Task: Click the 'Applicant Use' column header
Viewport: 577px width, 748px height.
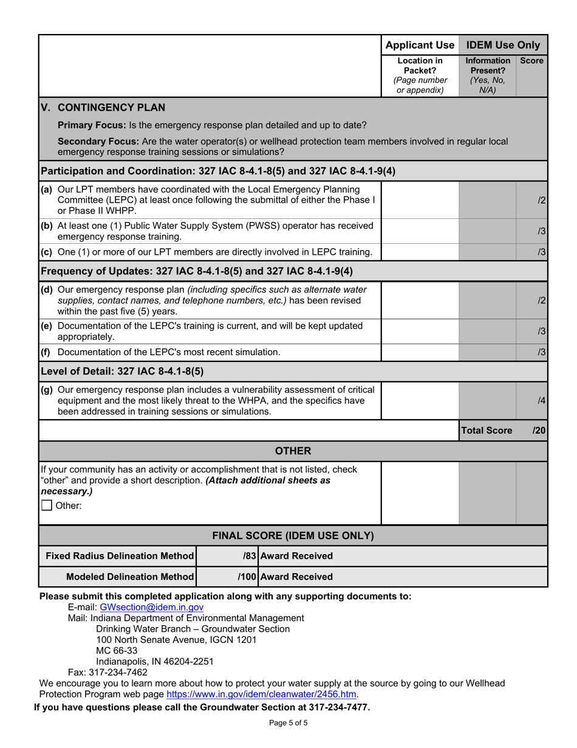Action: (420, 44)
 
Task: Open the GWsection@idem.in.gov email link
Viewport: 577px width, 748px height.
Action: (143, 607)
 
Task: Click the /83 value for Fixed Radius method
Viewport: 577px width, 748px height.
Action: (250, 556)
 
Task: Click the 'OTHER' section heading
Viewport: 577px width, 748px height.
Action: (293, 451)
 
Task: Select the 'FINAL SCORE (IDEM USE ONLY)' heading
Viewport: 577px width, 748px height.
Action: (293, 536)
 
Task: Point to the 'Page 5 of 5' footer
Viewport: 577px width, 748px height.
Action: (288, 723)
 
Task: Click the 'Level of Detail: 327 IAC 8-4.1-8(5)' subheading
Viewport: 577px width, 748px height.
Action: (121, 370)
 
